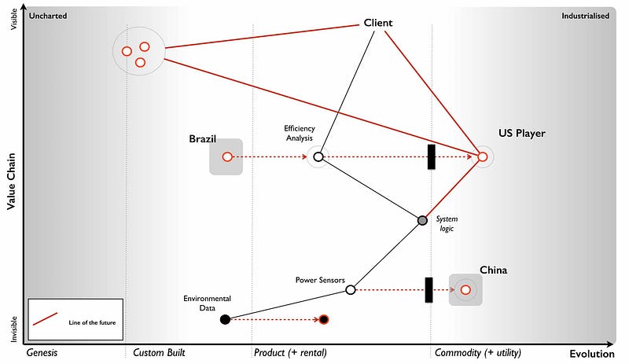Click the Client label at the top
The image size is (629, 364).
point(377,23)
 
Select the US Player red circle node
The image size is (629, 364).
point(483,157)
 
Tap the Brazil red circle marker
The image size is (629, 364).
point(226,157)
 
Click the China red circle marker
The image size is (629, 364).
point(465,290)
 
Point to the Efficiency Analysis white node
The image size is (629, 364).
point(318,157)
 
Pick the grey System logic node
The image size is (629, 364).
point(422,220)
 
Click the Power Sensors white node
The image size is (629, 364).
point(351,290)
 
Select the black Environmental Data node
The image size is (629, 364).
point(225,319)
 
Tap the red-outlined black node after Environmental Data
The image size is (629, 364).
point(324,319)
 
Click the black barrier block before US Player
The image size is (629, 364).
point(431,156)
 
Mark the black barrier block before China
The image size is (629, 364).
point(429,289)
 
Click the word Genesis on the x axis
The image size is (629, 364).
point(42,352)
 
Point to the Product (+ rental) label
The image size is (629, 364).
point(290,352)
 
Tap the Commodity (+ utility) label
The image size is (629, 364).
point(477,352)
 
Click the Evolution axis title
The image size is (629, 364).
point(591,353)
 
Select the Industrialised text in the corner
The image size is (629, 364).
point(585,16)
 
